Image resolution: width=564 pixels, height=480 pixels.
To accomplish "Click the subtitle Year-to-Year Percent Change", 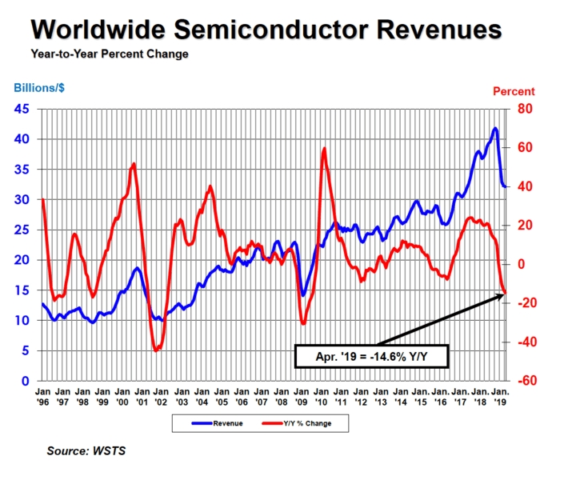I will coord(110,54).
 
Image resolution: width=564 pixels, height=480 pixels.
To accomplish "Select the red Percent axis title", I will coord(513,91).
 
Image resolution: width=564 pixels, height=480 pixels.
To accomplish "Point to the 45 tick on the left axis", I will coord(23,109).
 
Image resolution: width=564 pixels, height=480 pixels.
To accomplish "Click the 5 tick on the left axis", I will coord(26,351).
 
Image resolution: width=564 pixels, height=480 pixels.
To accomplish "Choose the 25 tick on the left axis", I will coord(23,230).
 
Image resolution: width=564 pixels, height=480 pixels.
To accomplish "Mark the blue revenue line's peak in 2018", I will coord(495,128).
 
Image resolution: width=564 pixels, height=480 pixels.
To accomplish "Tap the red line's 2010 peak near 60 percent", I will coord(324,149).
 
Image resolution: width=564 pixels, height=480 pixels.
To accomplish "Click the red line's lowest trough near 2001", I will coord(157,350).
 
